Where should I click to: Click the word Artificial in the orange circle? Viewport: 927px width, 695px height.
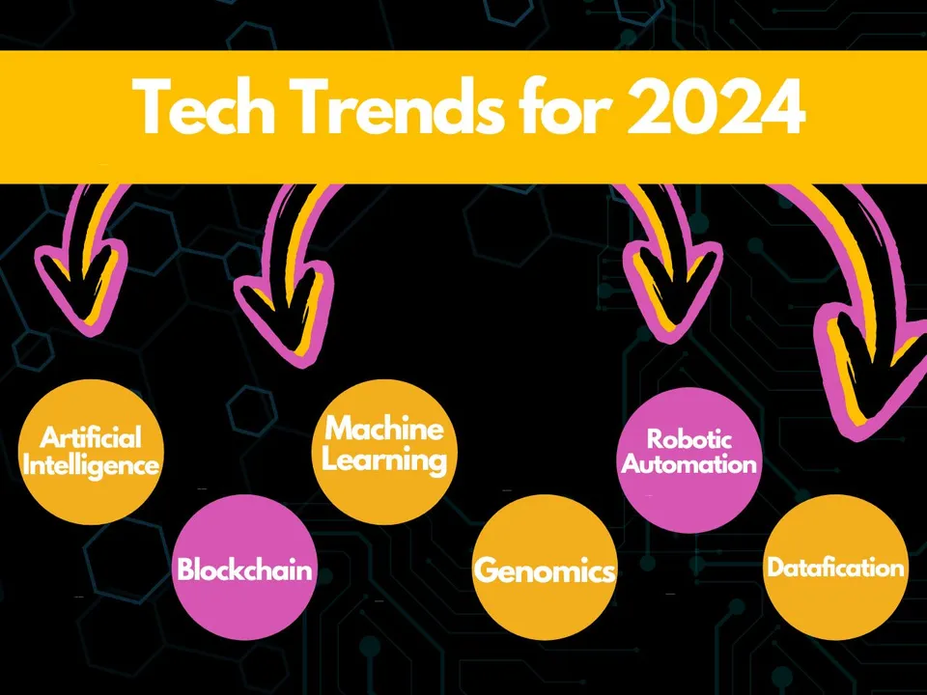click(x=91, y=439)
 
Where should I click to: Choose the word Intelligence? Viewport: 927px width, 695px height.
click(x=91, y=465)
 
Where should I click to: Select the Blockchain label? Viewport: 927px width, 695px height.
click(x=244, y=570)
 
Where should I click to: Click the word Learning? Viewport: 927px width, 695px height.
click(x=384, y=459)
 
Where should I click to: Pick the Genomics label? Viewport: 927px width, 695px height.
click(x=545, y=570)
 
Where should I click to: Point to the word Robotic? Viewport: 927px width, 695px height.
click(x=689, y=440)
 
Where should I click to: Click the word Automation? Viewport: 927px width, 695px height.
click(x=689, y=464)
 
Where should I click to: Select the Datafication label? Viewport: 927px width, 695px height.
click(x=835, y=568)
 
